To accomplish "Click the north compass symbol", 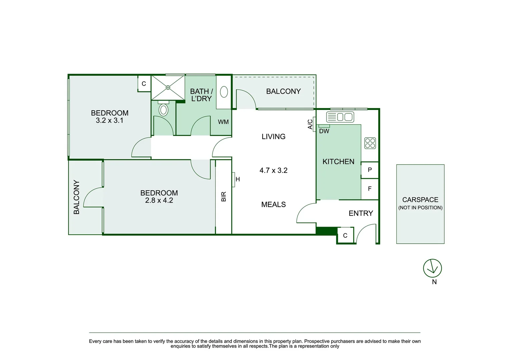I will click(x=432, y=268).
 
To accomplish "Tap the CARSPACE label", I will click(x=420, y=200).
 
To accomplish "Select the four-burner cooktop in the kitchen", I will click(x=370, y=143).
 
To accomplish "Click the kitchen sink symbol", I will click(x=340, y=117).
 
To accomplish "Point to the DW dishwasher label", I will click(x=324, y=131).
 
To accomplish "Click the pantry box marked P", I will click(x=370, y=170).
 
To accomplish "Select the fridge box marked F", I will click(x=370, y=189).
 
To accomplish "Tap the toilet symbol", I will click(x=163, y=109).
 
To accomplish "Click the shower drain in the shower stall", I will click(x=168, y=87).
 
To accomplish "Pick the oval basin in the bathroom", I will click(x=224, y=92).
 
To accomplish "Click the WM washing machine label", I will click(x=223, y=122).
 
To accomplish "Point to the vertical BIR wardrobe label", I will click(x=223, y=196).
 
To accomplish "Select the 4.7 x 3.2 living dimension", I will click(x=273, y=170).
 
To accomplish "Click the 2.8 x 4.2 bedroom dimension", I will click(x=159, y=200).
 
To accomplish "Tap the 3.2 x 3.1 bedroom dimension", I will click(x=109, y=120).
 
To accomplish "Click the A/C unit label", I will click(x=310, y=124).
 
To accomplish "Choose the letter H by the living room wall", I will click(x=237, y=179).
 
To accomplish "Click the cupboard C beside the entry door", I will click(x=345, y=236).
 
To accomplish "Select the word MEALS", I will click(x=273, y=205).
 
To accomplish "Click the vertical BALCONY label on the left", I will click(x=76, y=197).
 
